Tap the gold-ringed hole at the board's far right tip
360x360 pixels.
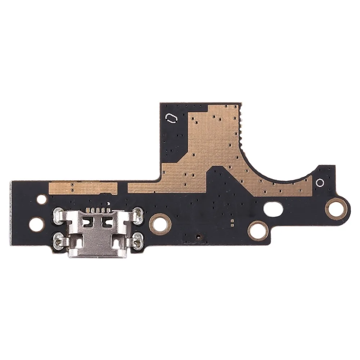coord(337,208)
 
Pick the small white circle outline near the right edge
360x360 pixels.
coord(319,183)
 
